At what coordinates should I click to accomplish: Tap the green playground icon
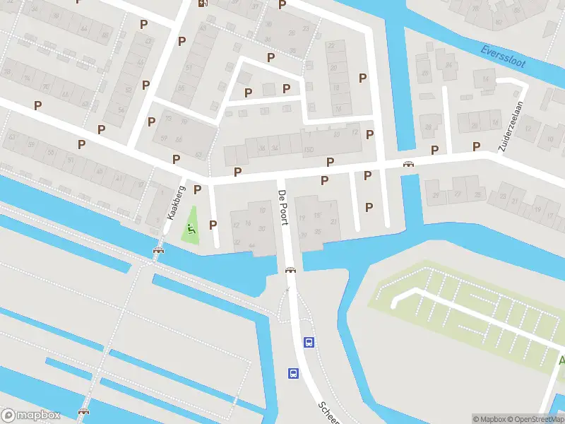pos(191,229)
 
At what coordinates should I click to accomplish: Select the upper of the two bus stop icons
pos(309,342)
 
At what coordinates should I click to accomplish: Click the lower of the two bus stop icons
pos(292,373)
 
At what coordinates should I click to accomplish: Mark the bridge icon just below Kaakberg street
pos(158,249)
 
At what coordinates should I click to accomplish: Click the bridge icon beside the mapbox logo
pos(84,411)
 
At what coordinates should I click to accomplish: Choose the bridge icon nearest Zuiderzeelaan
pos(408,164)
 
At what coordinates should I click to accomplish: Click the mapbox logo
pos(31,416)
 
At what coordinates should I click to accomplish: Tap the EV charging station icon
pos(203,3)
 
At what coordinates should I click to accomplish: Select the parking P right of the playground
pos(213,225)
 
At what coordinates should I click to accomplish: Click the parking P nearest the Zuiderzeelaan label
pos(477,146)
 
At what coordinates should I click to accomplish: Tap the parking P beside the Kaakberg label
pos(198,189)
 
